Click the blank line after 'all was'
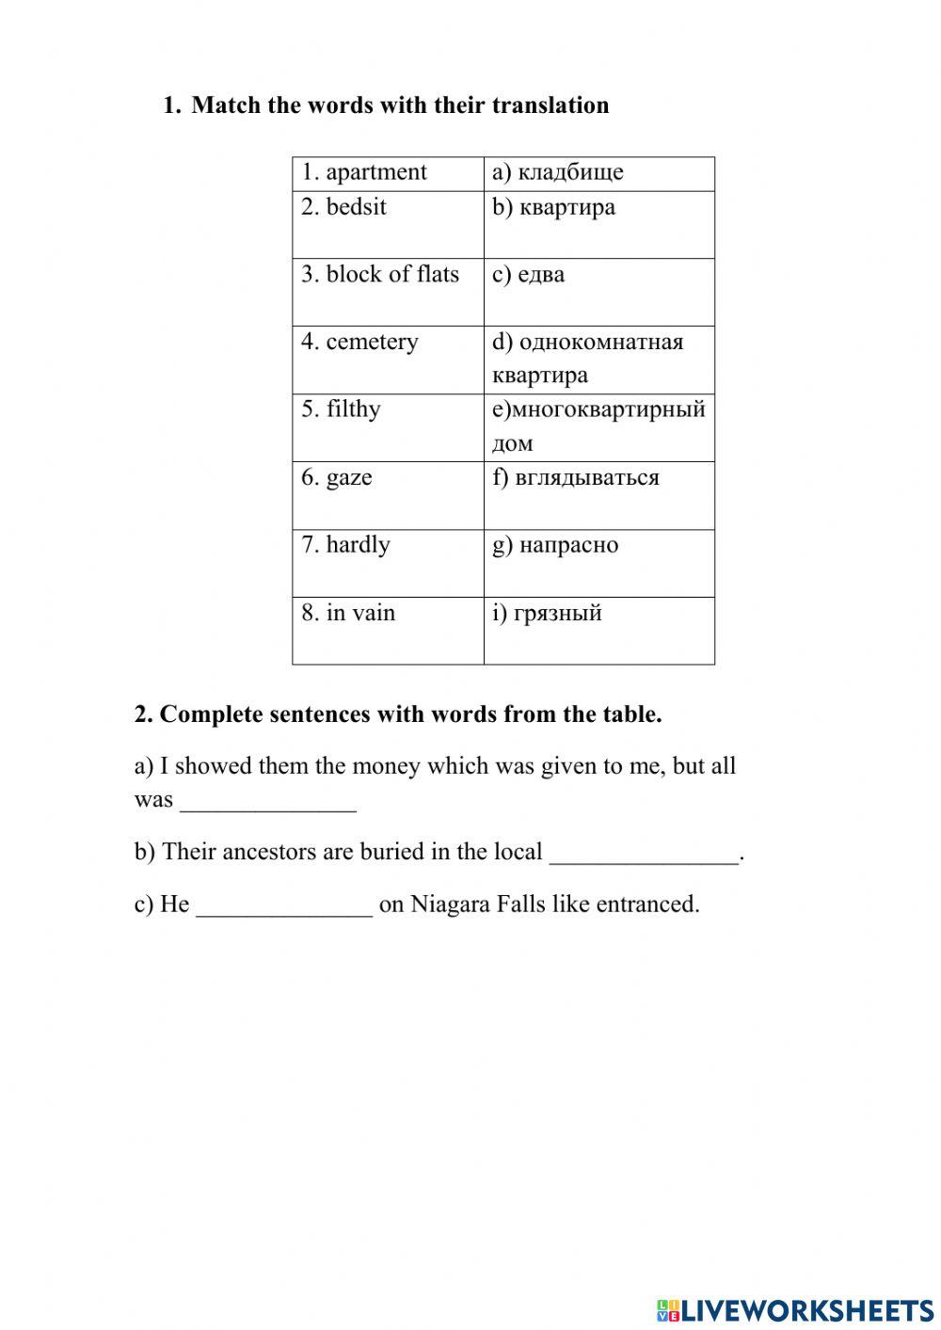coord(268,803)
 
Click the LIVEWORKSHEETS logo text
coord(805,1309)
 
